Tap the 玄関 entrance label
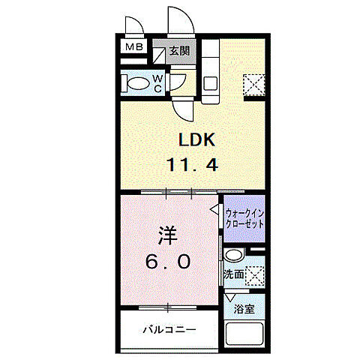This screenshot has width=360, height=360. point(178,51)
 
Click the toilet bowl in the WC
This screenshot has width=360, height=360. point(137,83)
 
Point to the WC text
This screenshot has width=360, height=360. point(158,82)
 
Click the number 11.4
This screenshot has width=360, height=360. point(193,165)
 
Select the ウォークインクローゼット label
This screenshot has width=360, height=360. point(244,218)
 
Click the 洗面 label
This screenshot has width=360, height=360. point(233,275)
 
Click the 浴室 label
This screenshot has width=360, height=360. point(244,307)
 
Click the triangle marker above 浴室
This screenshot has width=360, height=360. point(232,298)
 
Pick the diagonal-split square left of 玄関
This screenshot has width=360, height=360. point(160,53)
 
